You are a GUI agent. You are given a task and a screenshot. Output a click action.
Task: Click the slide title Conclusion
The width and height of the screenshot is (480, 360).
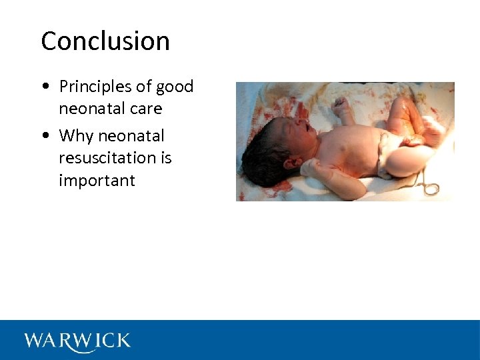click(105, 41)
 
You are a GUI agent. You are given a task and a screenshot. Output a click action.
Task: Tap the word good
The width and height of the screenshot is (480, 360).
click(175, 87)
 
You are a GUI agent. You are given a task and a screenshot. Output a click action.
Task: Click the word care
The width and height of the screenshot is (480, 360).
click(147, 109)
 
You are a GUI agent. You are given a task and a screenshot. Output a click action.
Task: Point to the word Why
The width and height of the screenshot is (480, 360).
click(76, 136)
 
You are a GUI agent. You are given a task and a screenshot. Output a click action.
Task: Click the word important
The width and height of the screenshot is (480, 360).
click(97, 181)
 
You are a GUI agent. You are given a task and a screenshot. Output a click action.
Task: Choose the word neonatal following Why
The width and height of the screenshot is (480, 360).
click(131, 136)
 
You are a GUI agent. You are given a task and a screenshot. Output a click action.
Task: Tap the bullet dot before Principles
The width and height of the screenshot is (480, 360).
click(44, 87)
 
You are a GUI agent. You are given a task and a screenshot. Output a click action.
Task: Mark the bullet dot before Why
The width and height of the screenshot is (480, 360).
click(44, 137)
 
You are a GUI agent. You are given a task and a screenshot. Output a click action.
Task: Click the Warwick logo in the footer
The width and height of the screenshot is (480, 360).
click(77, 341)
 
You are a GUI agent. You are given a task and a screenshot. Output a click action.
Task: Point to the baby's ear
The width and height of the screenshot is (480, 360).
click(291, 161)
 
